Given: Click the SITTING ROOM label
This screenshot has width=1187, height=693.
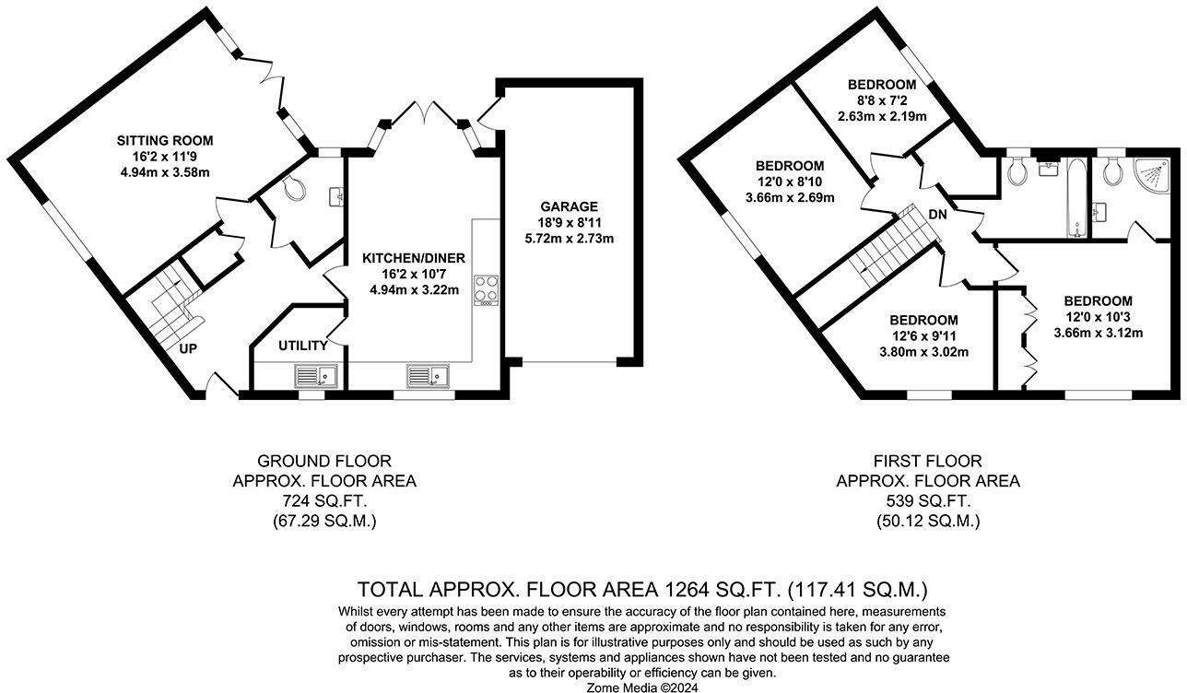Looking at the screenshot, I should pos(165,141).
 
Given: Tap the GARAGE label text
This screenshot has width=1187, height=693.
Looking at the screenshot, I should pos(570,206).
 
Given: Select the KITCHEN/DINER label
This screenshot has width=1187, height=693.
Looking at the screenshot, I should pos(412,259).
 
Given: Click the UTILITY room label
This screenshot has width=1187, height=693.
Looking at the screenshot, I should pos(303,346).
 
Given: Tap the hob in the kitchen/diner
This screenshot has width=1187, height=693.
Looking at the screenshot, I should pos(485,289).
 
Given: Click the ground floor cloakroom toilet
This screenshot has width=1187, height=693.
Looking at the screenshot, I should pos(293,188).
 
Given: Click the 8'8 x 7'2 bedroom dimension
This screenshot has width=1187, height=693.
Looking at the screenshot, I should pos(882,100).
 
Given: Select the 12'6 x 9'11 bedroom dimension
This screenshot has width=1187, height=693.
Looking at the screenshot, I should pos(923,336).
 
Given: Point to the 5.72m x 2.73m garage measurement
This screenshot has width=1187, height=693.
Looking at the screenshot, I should pos(570,239).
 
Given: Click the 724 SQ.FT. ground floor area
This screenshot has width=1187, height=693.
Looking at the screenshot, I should pos(324,501).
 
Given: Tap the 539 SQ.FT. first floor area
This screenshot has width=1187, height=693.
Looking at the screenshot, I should pos(928,501).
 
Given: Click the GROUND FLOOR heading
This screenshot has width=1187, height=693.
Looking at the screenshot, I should pos(324,461).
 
